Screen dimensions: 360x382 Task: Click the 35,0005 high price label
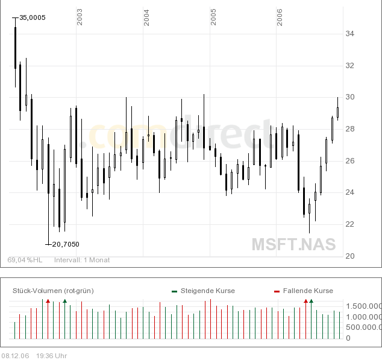(33, 17)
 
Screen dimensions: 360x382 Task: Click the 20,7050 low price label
(66, 244)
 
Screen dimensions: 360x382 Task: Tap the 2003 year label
(80, 17)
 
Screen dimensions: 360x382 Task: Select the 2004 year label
(146, 17)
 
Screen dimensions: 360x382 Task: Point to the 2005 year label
(213, 17)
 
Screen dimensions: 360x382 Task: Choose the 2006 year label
(280, 17)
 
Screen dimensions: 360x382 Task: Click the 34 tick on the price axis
(349, 34)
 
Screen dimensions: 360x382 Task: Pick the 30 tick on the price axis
(349, 97)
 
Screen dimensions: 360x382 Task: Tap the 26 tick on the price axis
(349, 160)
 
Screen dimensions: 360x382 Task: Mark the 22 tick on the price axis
(349, 224)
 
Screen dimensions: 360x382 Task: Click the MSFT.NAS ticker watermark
(293, 244)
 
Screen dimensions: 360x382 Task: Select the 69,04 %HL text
(25, 260)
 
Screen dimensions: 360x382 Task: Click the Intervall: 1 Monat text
(82, 260)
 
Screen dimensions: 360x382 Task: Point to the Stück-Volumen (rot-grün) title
(53, 291)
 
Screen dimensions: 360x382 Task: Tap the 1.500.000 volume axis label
(363, 306)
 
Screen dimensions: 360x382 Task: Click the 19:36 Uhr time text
(51, 356)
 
